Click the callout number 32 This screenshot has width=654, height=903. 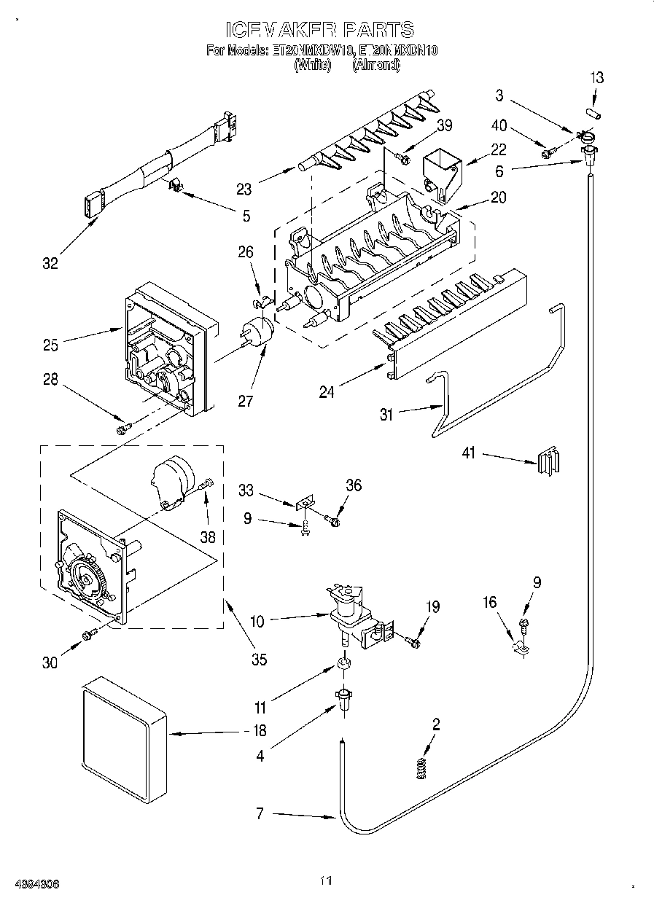pyautogui.click(x=50, y=263)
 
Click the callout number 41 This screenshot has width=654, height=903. pyautogui.click(x=468, y=453)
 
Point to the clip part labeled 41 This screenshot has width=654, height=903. pyautogui.click(x=547, y=463)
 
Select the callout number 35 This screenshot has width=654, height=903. pyautogui.click(x=259, y=659)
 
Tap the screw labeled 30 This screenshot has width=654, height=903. pyautogui.click(x=90, y=636)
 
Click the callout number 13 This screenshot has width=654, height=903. pyautogui.click(x=596, y=77)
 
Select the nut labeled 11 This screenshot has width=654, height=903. pyautogui.click(x=343, y=665)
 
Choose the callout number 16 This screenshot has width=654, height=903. pyautogui.click(x=489, y=602)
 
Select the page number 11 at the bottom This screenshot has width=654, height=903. pyautogui.click(x=326, y=881)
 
